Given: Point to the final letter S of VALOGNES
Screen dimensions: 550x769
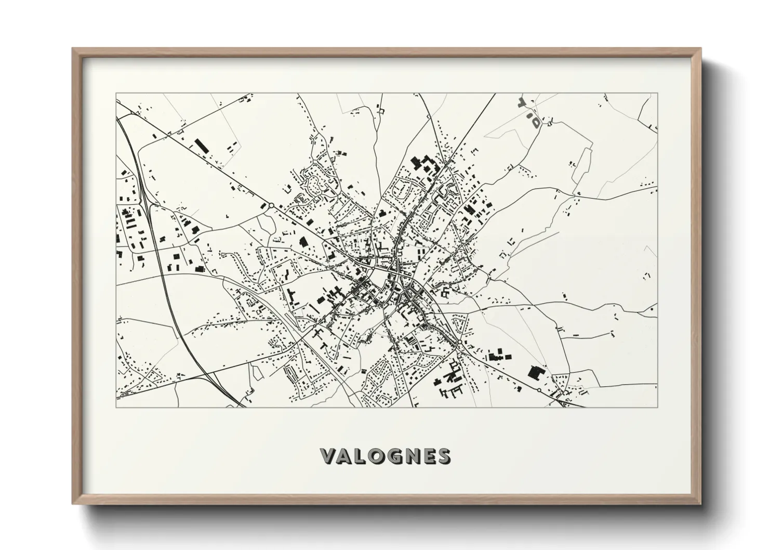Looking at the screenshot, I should pyautogui.click(x=444, y=456).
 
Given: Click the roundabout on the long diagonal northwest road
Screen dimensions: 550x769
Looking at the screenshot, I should pyautogui.click(x=271, y=206).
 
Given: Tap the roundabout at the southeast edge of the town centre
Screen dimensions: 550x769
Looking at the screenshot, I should pyautogui.click(x=460, y=343).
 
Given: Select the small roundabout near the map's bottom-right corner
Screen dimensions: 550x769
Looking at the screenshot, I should pyautogui.click(x=539, y=390).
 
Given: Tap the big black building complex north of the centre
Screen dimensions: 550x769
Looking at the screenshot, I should pyautogui.click(x=423, y=166).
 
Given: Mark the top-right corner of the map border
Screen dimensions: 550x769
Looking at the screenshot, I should pyautogui.click(x=657, y=94).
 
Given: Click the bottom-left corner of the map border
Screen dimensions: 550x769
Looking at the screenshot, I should pyautogui.click(x=116, y=407).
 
